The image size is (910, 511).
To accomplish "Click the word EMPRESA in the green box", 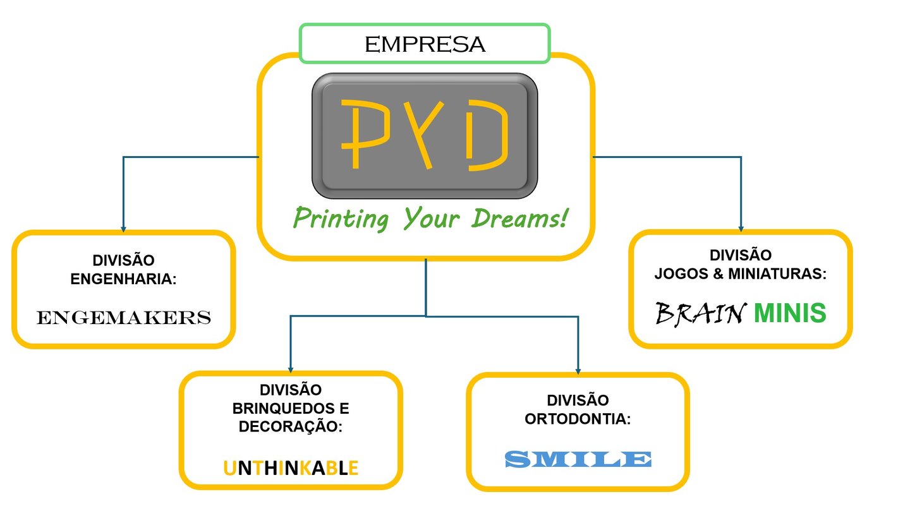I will pyautogui.click(x=425, y=44).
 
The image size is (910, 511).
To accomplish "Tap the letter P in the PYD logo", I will pyautogui.click(x=357, y=133).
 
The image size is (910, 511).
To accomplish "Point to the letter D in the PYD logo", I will pyautogui.click(x=487, y=133).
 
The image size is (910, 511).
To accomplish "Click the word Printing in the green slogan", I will pyautogui.click(x=342, y=220).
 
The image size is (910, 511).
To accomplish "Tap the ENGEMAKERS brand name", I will pyautogui.click(x=124, y=317).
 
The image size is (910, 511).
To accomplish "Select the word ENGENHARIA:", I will pyautogui.click(x=123, y=279).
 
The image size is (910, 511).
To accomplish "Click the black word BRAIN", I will pyautogui.click(x=698, y=313).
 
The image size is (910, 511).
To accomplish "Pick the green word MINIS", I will pyautogui.click(x=790, y=313).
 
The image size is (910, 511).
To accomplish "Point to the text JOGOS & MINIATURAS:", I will pyautogui.click(x=741, y=274).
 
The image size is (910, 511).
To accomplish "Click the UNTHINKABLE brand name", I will pyautogui.click(x=291, y=468).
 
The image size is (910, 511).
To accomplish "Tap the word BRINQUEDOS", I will pyautogui.click(x=291, y=408).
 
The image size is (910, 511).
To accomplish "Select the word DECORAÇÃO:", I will pyautogui.click(x=291, y=426).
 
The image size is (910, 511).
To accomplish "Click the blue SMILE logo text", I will pyautogui.click(x=578, y=459).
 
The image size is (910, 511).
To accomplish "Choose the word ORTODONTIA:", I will pyautogui.click(x=578, y=418).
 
